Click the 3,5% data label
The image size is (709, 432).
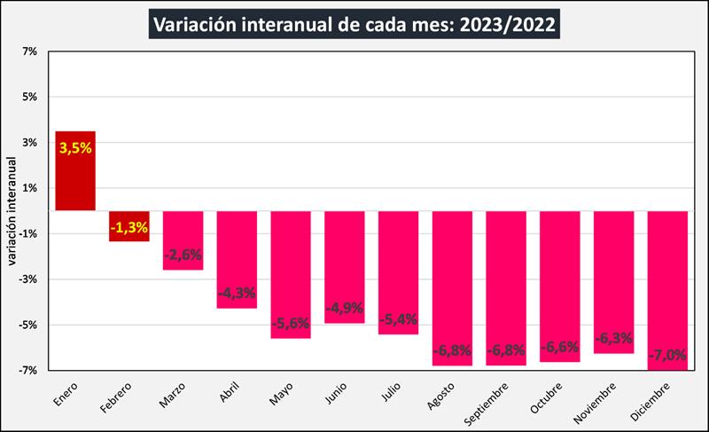75,148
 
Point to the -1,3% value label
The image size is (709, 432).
129,228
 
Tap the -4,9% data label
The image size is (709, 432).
344,308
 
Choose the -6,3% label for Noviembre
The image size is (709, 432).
614,338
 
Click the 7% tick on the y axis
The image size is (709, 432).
29,51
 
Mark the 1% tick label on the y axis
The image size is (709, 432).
29,188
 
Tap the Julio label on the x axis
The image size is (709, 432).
391,392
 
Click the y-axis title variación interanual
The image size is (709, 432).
12,211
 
